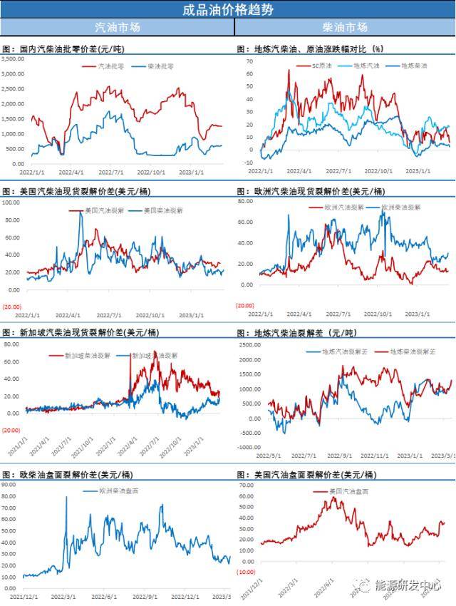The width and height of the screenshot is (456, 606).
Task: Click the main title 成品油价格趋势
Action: [228, 9]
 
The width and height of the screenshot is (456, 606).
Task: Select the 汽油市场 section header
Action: [118, 27]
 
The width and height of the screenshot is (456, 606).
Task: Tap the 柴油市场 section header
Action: [345, 27]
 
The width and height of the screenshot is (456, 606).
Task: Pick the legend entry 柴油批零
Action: [160, 66]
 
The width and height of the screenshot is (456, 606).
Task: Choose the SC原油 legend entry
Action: [323, 66]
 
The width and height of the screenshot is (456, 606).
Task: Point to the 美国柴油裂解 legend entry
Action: [159, 210]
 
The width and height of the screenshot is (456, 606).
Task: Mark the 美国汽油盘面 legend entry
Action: [350, 491]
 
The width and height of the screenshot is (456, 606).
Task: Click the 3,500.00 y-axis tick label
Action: [13, 59]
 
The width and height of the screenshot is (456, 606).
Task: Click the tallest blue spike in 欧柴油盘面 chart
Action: [67, 497]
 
